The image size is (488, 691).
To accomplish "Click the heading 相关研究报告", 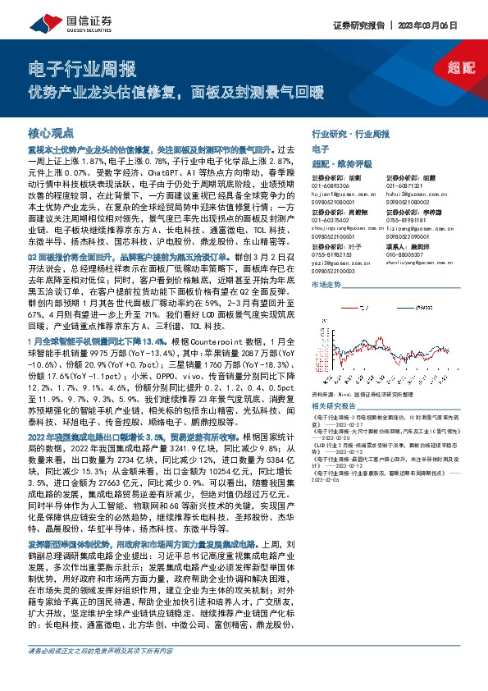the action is (x=334, y=405).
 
